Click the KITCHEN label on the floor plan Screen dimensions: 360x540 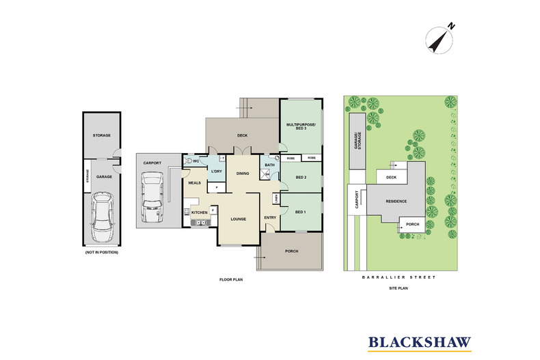199,213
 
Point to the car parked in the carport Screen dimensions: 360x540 151,195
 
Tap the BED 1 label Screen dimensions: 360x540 300,212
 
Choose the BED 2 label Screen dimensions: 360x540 300,177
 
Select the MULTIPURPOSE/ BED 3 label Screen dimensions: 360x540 300,128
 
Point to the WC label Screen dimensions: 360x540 195,161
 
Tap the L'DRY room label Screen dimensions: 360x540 216,171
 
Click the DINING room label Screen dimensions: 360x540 242,174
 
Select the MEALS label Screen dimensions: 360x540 194,182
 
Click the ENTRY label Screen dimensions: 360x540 270,217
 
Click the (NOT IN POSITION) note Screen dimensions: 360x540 103,252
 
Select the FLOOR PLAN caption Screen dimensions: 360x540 230,279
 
